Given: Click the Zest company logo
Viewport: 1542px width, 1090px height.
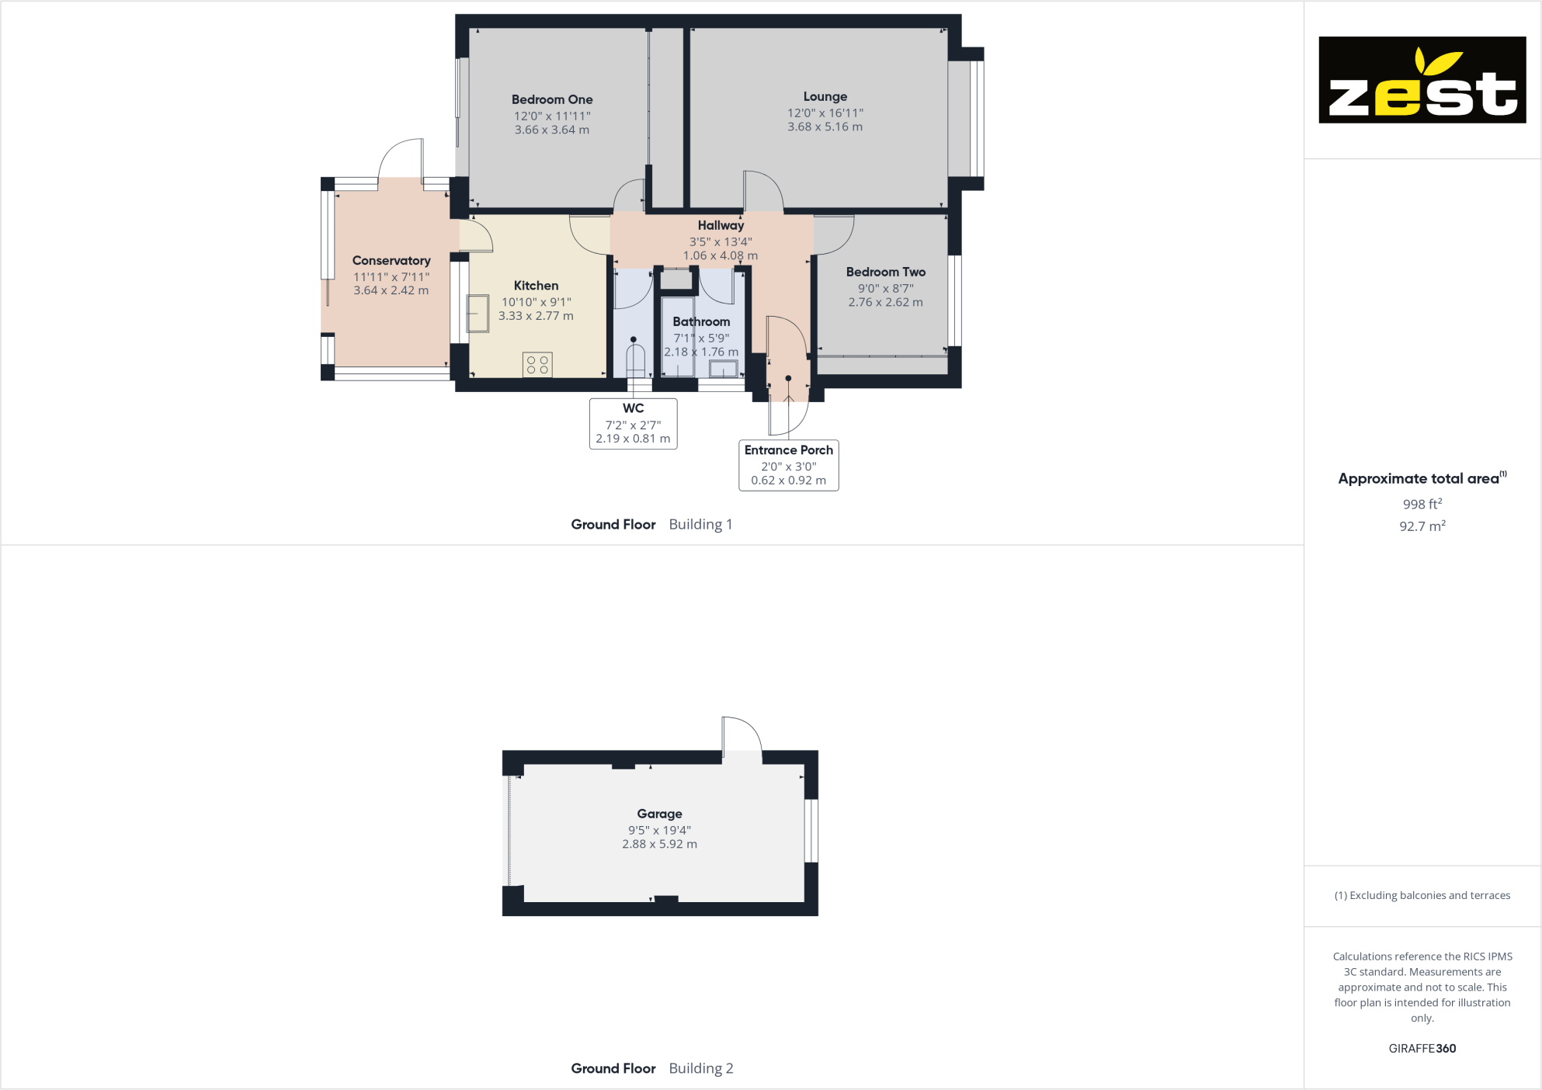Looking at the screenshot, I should click(1422, 79).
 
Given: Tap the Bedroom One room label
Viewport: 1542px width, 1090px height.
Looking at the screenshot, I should click(552, 99).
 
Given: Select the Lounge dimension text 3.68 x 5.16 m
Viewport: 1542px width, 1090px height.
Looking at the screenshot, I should click(825, 127).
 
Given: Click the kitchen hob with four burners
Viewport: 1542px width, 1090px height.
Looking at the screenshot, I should click(537, 364).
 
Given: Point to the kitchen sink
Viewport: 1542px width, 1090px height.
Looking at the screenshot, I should click(478, 313).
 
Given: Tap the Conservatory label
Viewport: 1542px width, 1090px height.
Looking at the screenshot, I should click(391, 261).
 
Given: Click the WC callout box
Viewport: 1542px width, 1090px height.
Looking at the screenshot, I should click(633, 423).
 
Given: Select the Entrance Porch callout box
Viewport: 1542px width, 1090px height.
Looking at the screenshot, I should click(788, 464).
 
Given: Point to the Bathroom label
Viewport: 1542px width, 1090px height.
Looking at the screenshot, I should click(701, 321).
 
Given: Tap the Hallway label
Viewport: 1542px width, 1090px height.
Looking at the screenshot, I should click(721, 225).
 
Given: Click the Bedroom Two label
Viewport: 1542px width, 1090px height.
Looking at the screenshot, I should click(885, 272).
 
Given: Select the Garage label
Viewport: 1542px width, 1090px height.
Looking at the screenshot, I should click(659, 814).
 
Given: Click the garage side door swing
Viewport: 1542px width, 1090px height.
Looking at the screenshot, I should click(741, 734).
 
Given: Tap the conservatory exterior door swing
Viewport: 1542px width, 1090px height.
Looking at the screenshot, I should click(401, 161).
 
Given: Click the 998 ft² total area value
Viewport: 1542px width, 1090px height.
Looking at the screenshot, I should click(1422, 504).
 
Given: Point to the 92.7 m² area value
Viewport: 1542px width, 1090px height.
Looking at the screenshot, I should click(1422, 526).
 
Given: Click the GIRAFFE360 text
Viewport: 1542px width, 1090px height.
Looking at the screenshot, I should click(1422, 1048).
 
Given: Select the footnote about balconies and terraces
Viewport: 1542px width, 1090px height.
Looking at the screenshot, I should click(1422, 895).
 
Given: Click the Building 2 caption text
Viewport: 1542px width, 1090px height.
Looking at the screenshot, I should click(700, 1068).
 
